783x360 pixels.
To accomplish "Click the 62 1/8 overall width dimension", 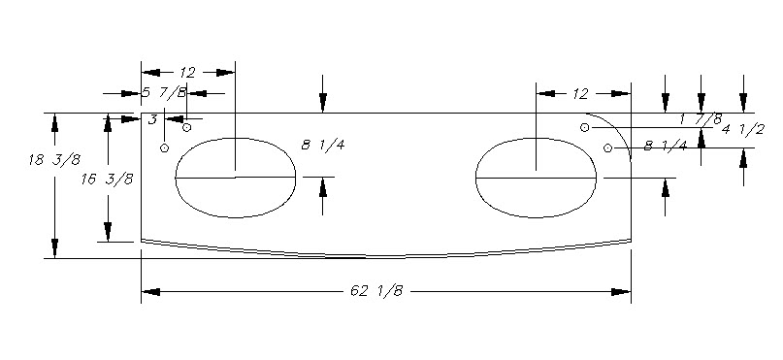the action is coord(376,291).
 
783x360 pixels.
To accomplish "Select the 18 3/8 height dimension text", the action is coord(54,160).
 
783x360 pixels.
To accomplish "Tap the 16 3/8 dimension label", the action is coord(108,180).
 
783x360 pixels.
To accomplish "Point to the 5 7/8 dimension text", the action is coord(164,92).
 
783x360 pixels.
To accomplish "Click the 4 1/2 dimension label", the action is coord(743,129).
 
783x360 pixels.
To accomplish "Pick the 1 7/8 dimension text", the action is coord(701,118).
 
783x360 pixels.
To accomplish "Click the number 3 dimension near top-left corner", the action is coord(153,119).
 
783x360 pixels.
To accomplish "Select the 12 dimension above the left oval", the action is coord(187,73).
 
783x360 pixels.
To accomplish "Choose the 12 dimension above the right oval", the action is coord(581,94).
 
